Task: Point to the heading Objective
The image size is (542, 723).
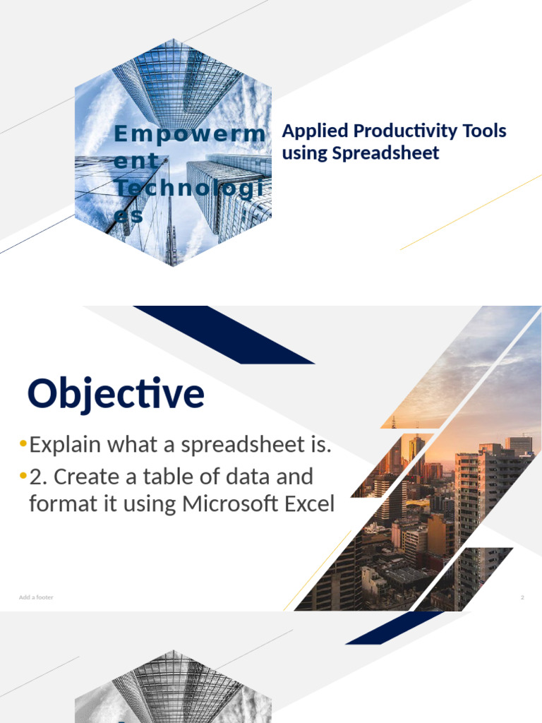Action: tap(116, 394)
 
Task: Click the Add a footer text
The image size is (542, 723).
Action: tap(36, 597)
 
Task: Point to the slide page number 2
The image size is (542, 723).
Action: tap(522, 597)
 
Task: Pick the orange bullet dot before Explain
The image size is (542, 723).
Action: tap(23, 445)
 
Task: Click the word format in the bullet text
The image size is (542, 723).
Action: tap(57, 505)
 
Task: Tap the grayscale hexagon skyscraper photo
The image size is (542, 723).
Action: tap(173, 688)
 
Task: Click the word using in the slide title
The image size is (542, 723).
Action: tap(301, 153)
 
